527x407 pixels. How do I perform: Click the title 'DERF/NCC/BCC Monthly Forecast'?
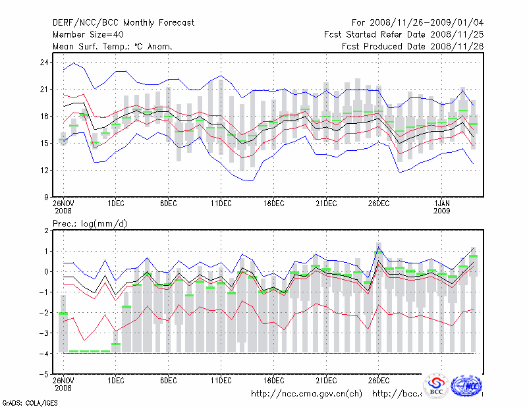pos(123,22)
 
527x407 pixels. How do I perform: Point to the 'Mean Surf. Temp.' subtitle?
pos(113,46)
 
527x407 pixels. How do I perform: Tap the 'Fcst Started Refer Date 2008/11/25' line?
pos(404,34)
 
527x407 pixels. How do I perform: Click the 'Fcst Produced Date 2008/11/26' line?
pos(412,46)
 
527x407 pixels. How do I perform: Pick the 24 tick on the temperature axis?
pos(44,62)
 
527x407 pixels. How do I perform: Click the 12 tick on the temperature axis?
pos(44,170)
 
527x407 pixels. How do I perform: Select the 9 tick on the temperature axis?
pos(46,197)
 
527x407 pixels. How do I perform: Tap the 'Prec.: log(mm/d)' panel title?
pos(90,224)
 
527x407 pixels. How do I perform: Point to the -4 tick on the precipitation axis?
pos(43,353)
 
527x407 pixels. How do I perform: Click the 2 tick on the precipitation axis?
pos(46,231)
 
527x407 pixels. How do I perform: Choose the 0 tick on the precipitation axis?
pos(46,271)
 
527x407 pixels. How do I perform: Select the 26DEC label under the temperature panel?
pos(378,204)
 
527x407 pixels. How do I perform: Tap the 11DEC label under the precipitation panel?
pos(221,381)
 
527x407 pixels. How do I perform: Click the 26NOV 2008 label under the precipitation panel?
pos(63,385)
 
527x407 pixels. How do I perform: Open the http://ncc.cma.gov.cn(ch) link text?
pos(307,394)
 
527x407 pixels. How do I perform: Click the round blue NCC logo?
pos(467,385)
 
